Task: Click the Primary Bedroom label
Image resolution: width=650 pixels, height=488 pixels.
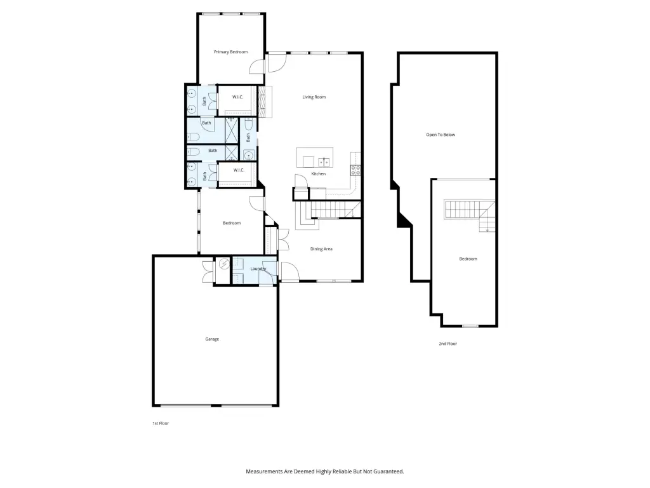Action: tap(230, 52)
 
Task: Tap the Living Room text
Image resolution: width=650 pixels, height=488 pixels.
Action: tap(314, 97)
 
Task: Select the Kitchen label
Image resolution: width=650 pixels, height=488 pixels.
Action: tap(319, 174)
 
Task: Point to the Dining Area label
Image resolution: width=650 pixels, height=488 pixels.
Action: tap(321, 249)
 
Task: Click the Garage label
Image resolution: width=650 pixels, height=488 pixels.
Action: tap(212, 339)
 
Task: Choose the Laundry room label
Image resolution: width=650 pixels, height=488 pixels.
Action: tap(258, 269)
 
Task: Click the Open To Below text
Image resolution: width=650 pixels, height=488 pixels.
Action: tap(441, 135)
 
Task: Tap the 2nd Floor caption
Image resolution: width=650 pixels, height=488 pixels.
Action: tap(448, 344)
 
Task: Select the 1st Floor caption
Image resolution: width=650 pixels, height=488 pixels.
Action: tap(161, 423)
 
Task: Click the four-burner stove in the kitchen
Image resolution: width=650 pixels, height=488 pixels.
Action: tap(355, 170)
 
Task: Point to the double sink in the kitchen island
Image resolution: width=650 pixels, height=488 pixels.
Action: tap(324, 162)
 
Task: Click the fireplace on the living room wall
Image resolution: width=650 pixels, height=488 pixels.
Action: tap(265, 102)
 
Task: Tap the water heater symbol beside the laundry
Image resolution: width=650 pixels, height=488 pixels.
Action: tap(224, 264)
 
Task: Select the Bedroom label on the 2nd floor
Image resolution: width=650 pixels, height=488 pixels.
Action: tap(468, 259)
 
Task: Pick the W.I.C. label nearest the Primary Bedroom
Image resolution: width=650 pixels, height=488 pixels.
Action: tap(237, 97)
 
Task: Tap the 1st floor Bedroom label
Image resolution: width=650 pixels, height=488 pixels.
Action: tap(232, 223)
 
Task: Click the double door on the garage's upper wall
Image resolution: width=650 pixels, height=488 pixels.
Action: tap(208, 272)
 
